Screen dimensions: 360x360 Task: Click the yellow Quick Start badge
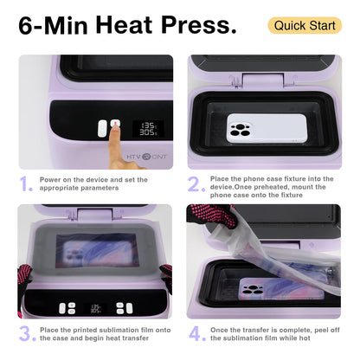coord(305,25)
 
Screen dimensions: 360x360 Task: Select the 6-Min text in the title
coord(51,25)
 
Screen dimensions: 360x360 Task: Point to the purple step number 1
coord(27,183)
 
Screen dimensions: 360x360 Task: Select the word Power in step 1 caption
coord(54,179)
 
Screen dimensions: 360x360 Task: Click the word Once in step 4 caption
coord(225,328)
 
